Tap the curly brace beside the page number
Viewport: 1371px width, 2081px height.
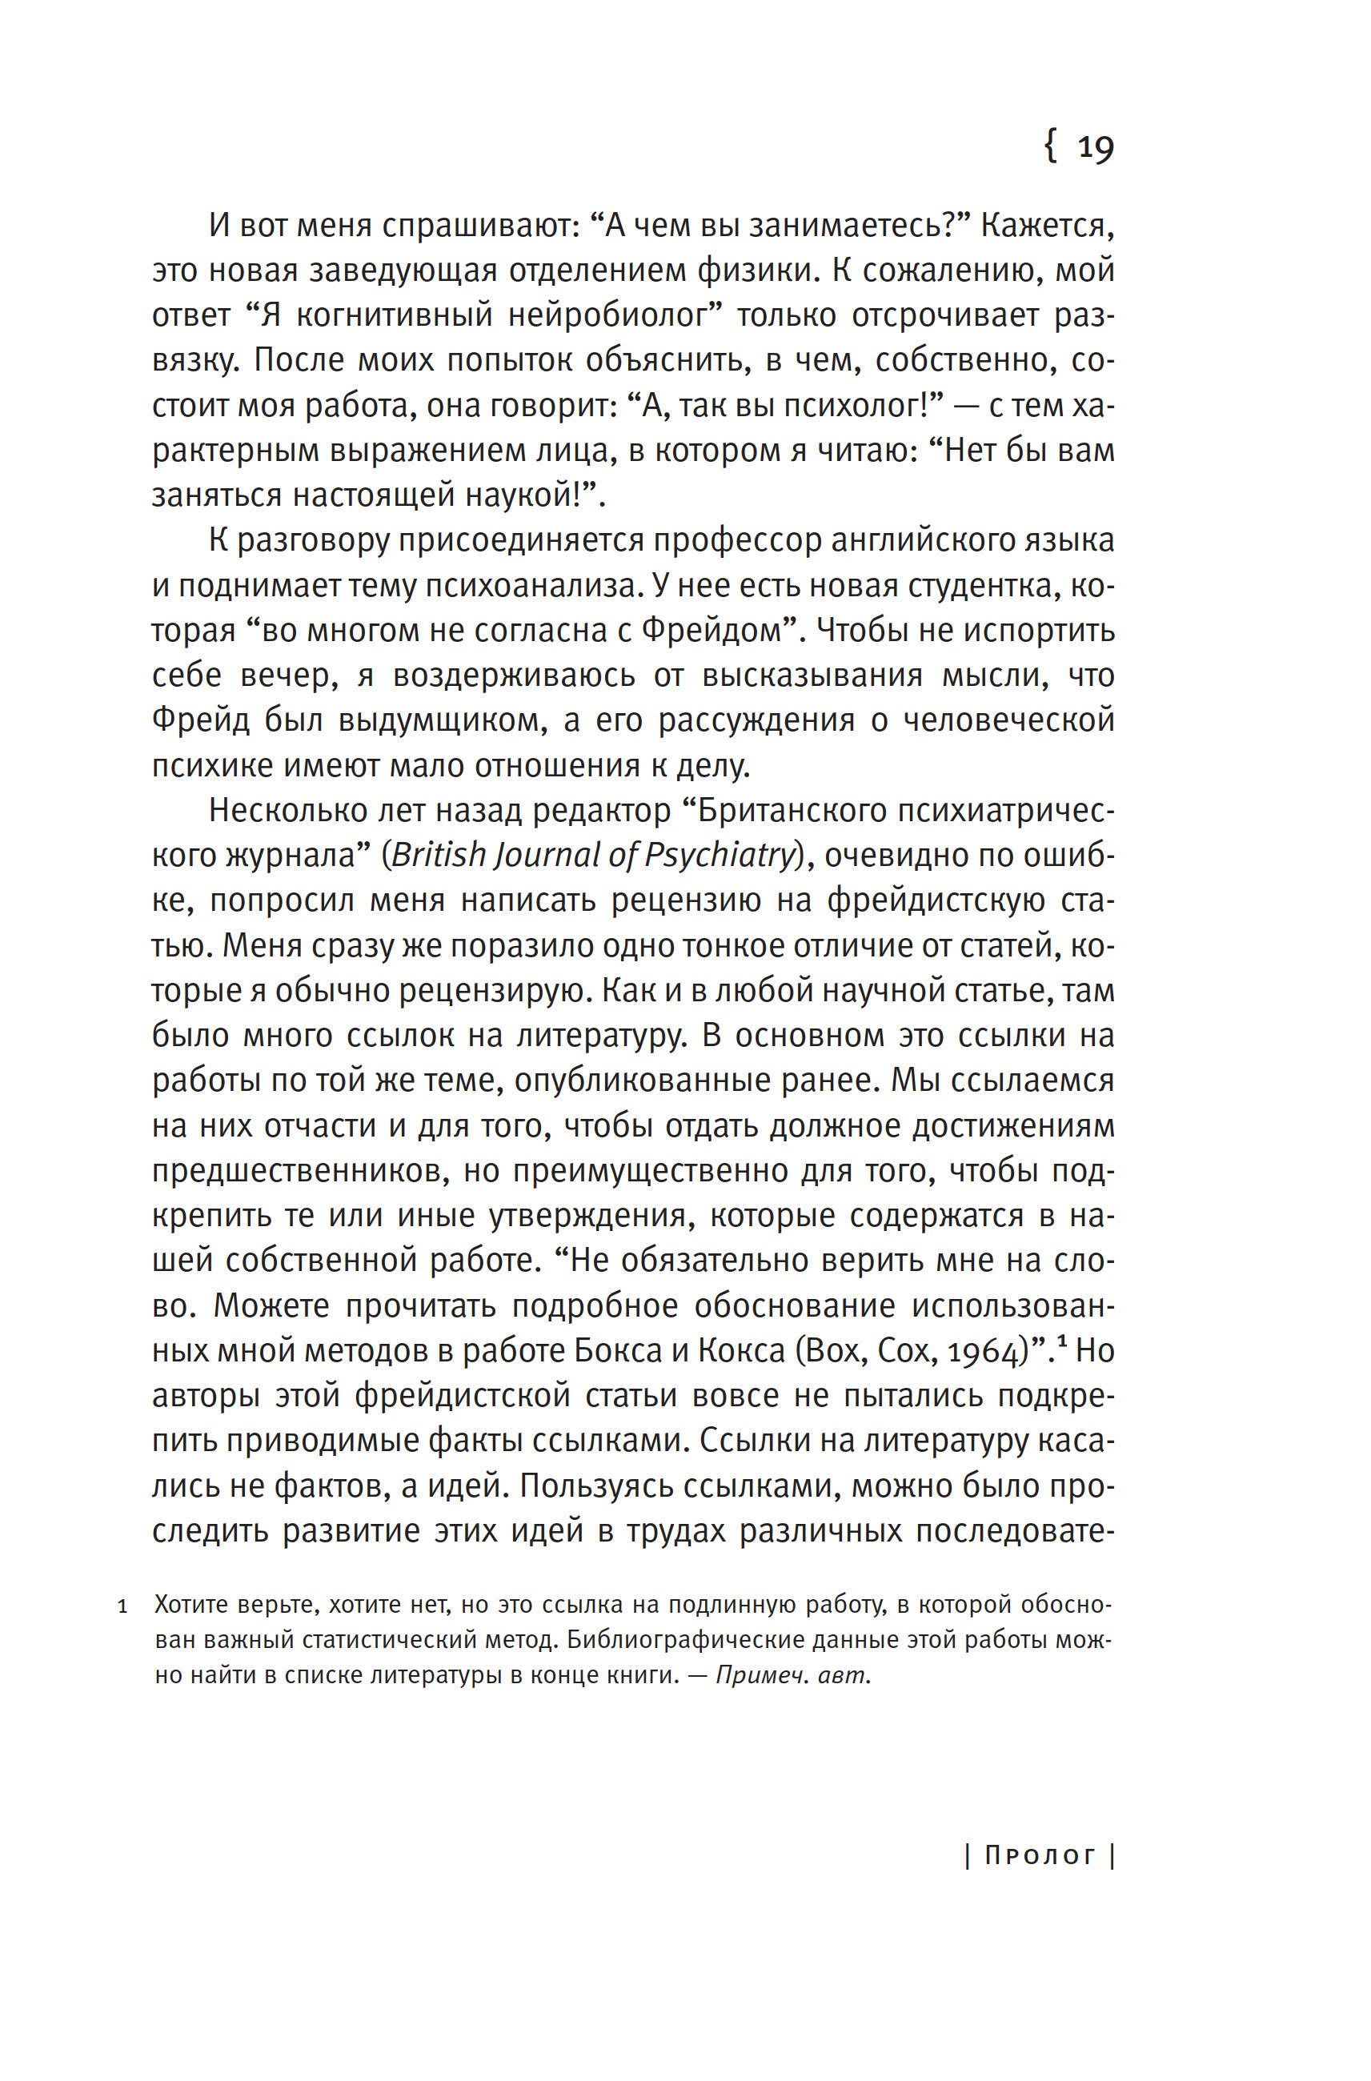click(x=1051, y=145)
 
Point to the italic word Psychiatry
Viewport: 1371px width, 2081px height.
click(x=719, y=855)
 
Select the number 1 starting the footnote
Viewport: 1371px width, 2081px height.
click(x=123, y=1607)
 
